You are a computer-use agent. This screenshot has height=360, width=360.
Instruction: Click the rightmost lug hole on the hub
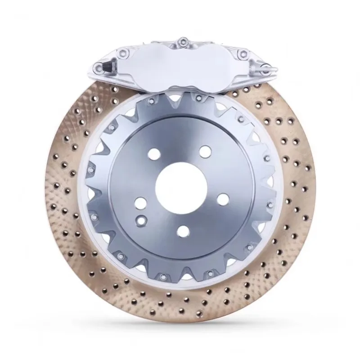[221, 198]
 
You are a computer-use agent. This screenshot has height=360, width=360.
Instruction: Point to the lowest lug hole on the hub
[183, 230]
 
